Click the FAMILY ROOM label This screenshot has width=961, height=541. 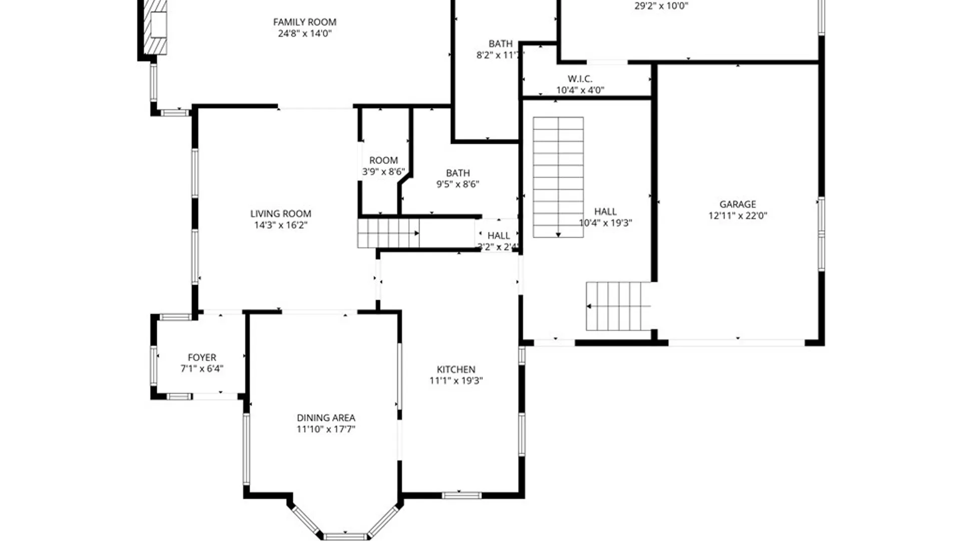[304, 22]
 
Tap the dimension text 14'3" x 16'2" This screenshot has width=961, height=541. [280, 225]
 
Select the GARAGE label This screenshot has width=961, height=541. [737, 204]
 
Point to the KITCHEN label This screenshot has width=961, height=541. [455, 370]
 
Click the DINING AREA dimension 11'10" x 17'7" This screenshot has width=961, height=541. [325, 429]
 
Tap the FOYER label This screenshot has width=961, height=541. [202, 358]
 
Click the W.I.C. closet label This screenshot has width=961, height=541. [580, 79]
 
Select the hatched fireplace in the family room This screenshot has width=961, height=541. [156, 28]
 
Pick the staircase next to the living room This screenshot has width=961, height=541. [388, 233]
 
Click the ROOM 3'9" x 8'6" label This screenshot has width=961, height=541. [383, 161]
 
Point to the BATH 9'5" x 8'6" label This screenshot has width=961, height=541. [457, 173]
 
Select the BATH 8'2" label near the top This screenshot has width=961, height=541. [500, 44]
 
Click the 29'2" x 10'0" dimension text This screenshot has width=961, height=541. [661, 7]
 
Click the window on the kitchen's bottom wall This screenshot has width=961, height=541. [461, 495]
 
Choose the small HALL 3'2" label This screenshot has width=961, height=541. [498, 235]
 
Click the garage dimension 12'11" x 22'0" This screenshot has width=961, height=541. [737, 216]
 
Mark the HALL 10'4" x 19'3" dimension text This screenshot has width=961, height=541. [605, 223]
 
